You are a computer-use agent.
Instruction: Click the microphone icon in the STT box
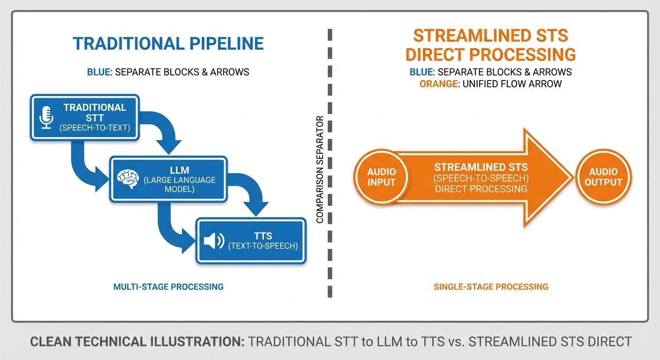[46, 117]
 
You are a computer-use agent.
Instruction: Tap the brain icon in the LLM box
[128, 179]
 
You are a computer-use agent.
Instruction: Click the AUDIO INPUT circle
[381, 177]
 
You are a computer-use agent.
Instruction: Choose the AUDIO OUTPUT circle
[603, 177]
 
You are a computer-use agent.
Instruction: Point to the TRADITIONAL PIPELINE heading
[168, 44]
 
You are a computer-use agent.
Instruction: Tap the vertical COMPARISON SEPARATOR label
[321, 169]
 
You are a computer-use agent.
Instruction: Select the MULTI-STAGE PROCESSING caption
[168, 286]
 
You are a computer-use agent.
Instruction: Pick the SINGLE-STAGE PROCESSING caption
[490, 286]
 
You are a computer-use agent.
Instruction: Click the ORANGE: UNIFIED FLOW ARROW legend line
[490, 84]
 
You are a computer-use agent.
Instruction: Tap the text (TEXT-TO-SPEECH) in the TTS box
[262, 246]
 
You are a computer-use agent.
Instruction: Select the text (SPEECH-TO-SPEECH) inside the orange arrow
[480, 178]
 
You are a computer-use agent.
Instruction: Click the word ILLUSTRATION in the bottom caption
[196, 342]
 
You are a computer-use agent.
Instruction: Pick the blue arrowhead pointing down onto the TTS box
[255, 209]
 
